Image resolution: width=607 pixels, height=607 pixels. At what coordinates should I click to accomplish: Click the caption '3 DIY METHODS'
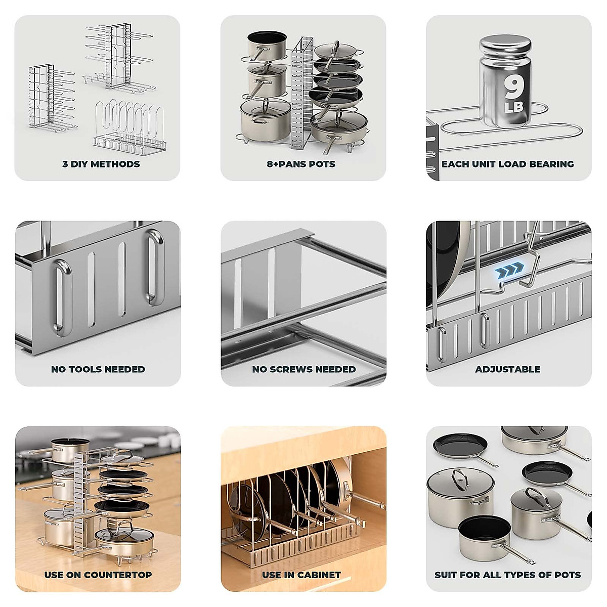click(x=101, y=164)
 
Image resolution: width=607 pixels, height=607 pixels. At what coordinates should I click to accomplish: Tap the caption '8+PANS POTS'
click(x=301, y=164)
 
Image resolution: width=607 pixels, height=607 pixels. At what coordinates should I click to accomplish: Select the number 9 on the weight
click(x=514, y=88)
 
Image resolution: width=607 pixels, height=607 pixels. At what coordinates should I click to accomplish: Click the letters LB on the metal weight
click(x=514, y=108)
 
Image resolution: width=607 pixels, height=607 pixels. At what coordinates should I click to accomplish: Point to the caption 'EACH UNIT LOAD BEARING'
click(x=507, y=164)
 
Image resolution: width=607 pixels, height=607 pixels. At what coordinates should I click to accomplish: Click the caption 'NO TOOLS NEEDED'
click(x=98, y=369)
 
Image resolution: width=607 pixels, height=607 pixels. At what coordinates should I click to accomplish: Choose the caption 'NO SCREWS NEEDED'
click(x=303, y=369)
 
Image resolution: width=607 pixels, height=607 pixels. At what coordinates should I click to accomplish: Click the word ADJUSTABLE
click(x=507, y=369)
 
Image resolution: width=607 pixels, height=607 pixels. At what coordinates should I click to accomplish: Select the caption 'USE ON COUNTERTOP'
click(x=98, y=575)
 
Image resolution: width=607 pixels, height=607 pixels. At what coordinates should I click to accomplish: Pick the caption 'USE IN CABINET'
click(x=301, y=575)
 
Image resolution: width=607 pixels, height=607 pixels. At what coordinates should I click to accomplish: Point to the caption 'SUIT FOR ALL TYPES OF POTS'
click(x=507, y=575)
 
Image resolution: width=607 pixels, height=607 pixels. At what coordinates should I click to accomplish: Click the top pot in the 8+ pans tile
click(x=267, y=46)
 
